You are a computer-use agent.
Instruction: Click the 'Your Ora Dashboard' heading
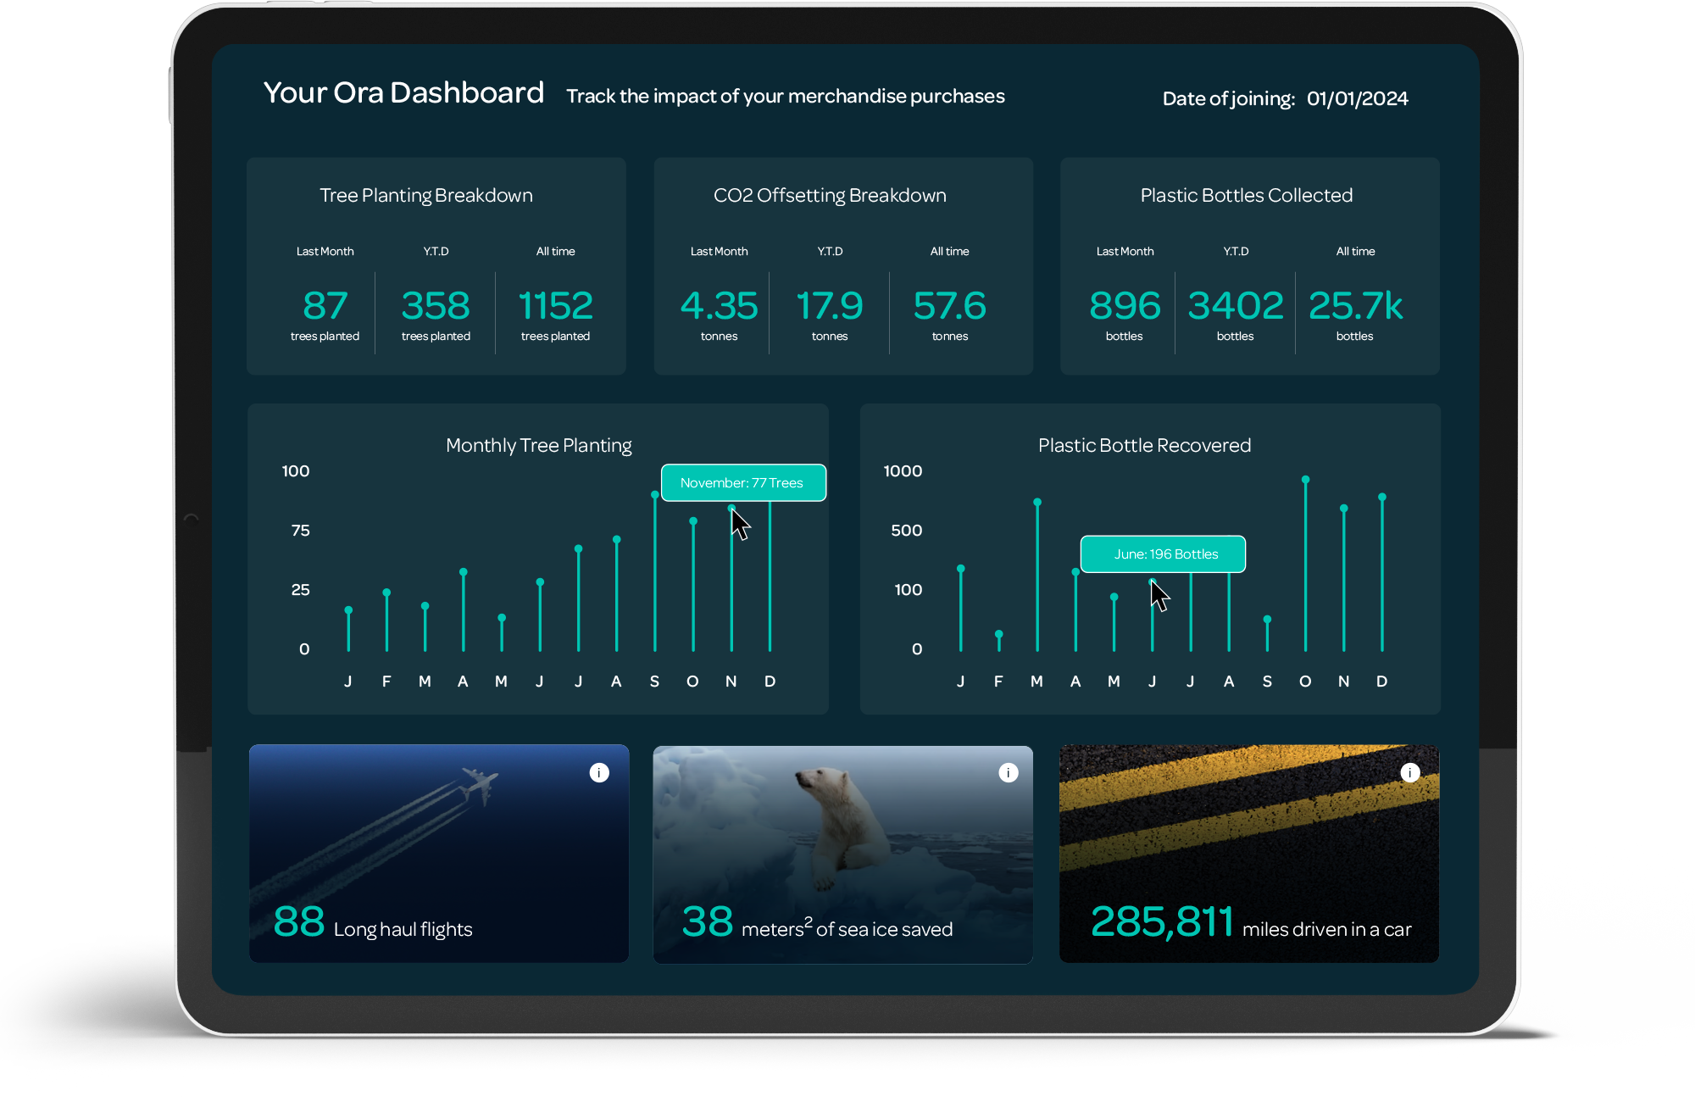coord(403,92)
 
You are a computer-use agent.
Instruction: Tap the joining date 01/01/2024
coord(1357,98)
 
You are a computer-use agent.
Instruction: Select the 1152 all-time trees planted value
coord(556,305)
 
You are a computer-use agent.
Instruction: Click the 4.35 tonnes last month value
coord(719,305)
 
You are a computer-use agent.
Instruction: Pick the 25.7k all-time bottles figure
coord(1355,305)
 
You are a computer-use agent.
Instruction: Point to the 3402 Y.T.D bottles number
coord(1236,305)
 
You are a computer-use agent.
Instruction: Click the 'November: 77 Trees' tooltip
coord(742,482)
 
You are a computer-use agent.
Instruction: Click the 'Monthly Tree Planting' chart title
coord(539,445)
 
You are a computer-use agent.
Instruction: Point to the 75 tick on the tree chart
coord(300,531)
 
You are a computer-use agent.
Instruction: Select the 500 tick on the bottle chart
coord(906,531)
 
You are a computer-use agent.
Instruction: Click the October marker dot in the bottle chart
coord(1306,480)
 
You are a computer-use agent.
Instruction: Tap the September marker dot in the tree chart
coord(655,494)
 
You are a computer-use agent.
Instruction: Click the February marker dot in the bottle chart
coord(999,634)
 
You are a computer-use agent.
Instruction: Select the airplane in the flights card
coord(480,784)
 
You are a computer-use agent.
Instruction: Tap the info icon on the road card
coord(1410,772)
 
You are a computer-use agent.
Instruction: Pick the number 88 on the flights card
coord(299,921)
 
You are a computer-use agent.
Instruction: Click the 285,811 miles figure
coord(1162,922)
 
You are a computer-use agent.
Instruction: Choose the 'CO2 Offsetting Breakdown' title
coord(830,196)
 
